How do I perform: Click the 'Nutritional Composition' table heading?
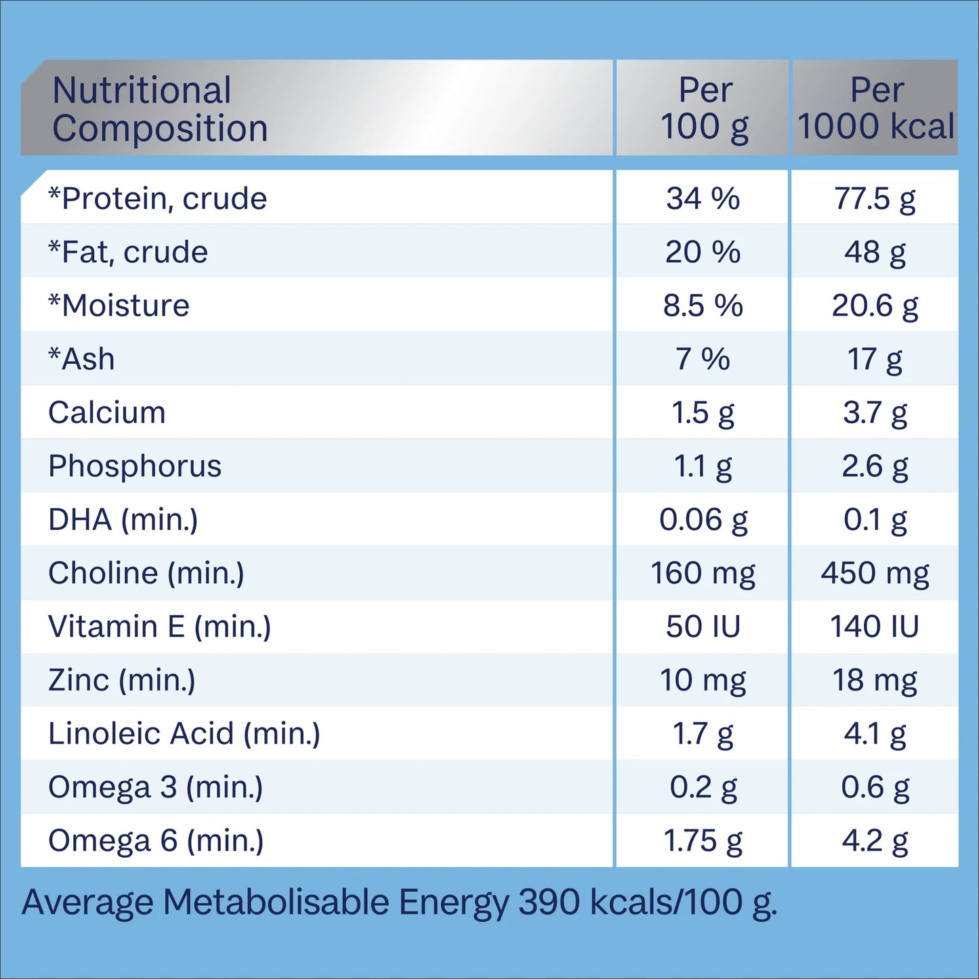[160, 109]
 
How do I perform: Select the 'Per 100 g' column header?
[705, 108]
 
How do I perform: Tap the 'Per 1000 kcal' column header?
[876, 108]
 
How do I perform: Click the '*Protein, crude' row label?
[158, 199]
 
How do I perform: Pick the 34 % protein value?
[703, 199]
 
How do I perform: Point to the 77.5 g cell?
[875, 199]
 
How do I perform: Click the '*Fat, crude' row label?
[128, 252]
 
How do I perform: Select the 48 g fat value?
[875, 252]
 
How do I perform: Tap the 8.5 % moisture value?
[703, 306]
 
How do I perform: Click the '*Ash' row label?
[81, 359]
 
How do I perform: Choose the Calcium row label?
[107, 413]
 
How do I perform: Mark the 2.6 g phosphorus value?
[875, 466]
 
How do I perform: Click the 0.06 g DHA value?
[703, 520]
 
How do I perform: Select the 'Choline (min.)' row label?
[146, 573]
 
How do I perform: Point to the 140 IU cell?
[875, 627]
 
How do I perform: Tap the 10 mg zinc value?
[703, 680]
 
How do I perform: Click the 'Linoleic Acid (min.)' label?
[184, 734]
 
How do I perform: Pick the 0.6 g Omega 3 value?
[875, 787]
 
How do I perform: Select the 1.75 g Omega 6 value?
[703, 841]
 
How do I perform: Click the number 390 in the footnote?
[549, 902]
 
